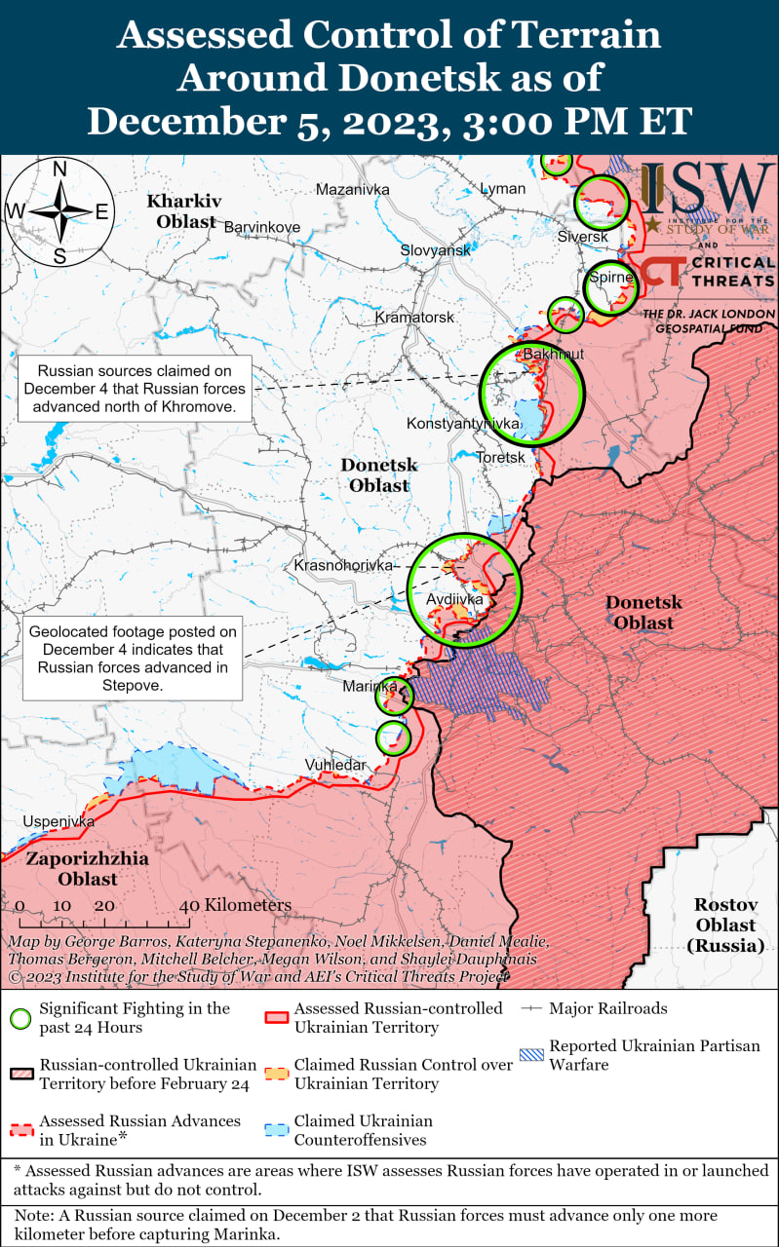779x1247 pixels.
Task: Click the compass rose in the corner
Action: pyautogui.click(x=59, y=211)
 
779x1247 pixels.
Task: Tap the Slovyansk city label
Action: pyautogui.click(x=435, y=250)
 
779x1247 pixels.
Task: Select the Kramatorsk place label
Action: pyautogui.click(x=414, y=318)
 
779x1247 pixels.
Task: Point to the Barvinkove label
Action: pyautogui.click(x=262, y=227)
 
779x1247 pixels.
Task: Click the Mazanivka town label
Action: pyautogui.click(x=352, y=188)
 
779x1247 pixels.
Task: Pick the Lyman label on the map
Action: pyautogui.click(x=502, y=188)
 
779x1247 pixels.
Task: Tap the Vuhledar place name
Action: pyautogui.click(x=335, y=765)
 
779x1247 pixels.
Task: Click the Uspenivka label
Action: pyautogui.click(x=58, y=821)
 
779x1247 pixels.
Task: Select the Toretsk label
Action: pyautogui.click(x=500, y=457)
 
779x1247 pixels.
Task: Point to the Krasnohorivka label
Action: pyautogui.click(x=343, y=565)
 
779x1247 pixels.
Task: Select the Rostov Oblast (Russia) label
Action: pyautogui.click(x=725, y=925)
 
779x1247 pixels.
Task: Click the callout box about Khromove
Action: pyautogui.click(x=135, y=389)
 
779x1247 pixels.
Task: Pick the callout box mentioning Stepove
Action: pyautogui.click(x=133, y=659)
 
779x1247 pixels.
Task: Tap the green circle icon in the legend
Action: pyautogui.click(x=19, y=1018)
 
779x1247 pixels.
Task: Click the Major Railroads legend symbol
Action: pyautogui.click(x=531, y=1008)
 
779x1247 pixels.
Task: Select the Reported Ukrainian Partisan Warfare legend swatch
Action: pyautogui.click(x=531, y=1055)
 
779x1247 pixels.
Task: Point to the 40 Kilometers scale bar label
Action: pyautogui.click(x=235, y=905)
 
